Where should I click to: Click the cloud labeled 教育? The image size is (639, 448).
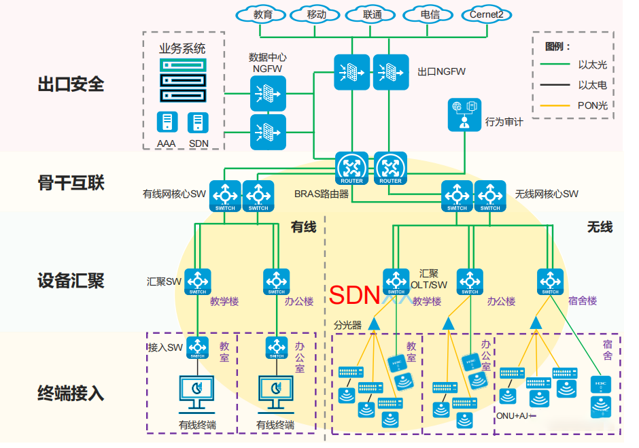[263, 14]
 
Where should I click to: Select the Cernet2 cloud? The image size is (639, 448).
[487, 14]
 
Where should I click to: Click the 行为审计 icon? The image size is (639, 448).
[465, 114]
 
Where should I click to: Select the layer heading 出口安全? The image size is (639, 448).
[71, 84]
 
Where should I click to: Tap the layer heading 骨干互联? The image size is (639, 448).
[71, 182]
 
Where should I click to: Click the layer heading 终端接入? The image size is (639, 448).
[71, 393]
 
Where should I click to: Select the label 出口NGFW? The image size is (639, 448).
[441, 71]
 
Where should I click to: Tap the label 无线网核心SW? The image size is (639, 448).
[547, 194]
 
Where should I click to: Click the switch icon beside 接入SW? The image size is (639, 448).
[197, 348]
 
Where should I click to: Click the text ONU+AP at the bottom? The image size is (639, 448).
[515, 415]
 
